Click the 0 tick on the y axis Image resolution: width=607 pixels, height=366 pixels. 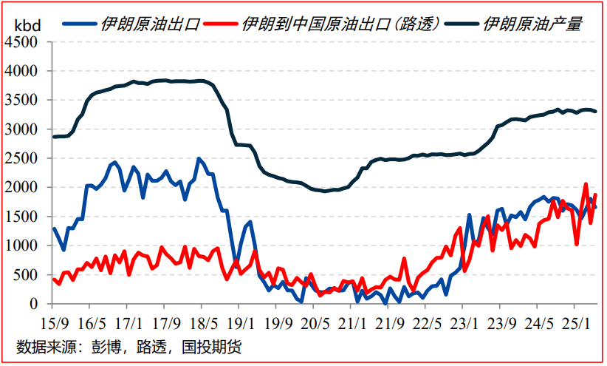coord(33,304)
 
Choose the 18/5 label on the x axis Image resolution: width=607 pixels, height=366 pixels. coord(202,322)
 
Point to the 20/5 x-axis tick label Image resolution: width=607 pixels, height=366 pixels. coord(315,322)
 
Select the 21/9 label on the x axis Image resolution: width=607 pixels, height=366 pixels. coord(390,322)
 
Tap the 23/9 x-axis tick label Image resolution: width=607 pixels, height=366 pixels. coord(503,322)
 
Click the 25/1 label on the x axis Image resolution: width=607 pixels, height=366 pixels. coord(577,322)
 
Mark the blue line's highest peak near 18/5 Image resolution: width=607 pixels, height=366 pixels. coord(199,158)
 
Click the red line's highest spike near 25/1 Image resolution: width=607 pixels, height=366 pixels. coord(586,184)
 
